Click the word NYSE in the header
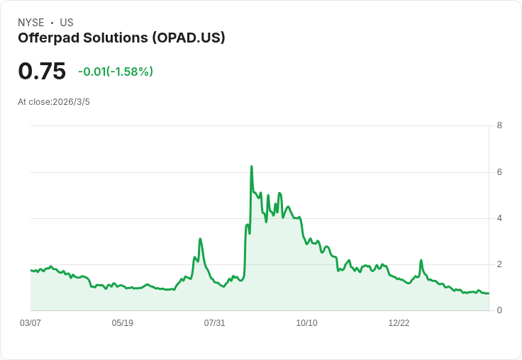tap(30, 23)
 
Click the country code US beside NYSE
tap(67, 23)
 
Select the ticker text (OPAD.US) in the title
tap(187, 38)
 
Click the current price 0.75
tap(42, 71)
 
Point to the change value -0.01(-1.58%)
tap(116, 72)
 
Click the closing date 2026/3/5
tap(71, 102)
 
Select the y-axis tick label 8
tap(499, 125)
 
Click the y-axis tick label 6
tap(499, 172)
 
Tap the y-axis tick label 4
tap(499, 218)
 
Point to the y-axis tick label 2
tap(499, 264)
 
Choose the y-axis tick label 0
tap(499, 310)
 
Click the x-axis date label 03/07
tap(30, 323)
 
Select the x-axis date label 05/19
tap(123, 323)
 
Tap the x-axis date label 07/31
tap(215, 323)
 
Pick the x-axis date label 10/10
tap(307, 323)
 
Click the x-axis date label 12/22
tap(399, 323)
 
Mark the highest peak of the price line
tap(252, 167)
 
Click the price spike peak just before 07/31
tap(200, 239)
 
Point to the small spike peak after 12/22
tap(421, 260)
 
